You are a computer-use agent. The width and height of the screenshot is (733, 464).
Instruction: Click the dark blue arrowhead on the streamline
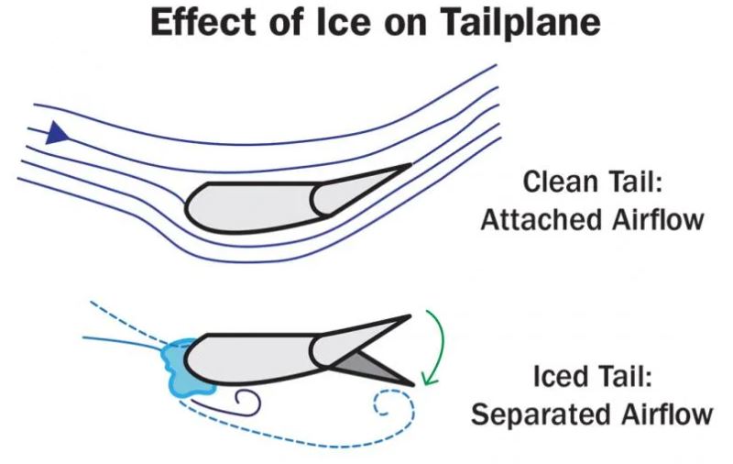tap(58, 134)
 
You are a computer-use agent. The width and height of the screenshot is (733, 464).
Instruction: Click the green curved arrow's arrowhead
tap(424, 376)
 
